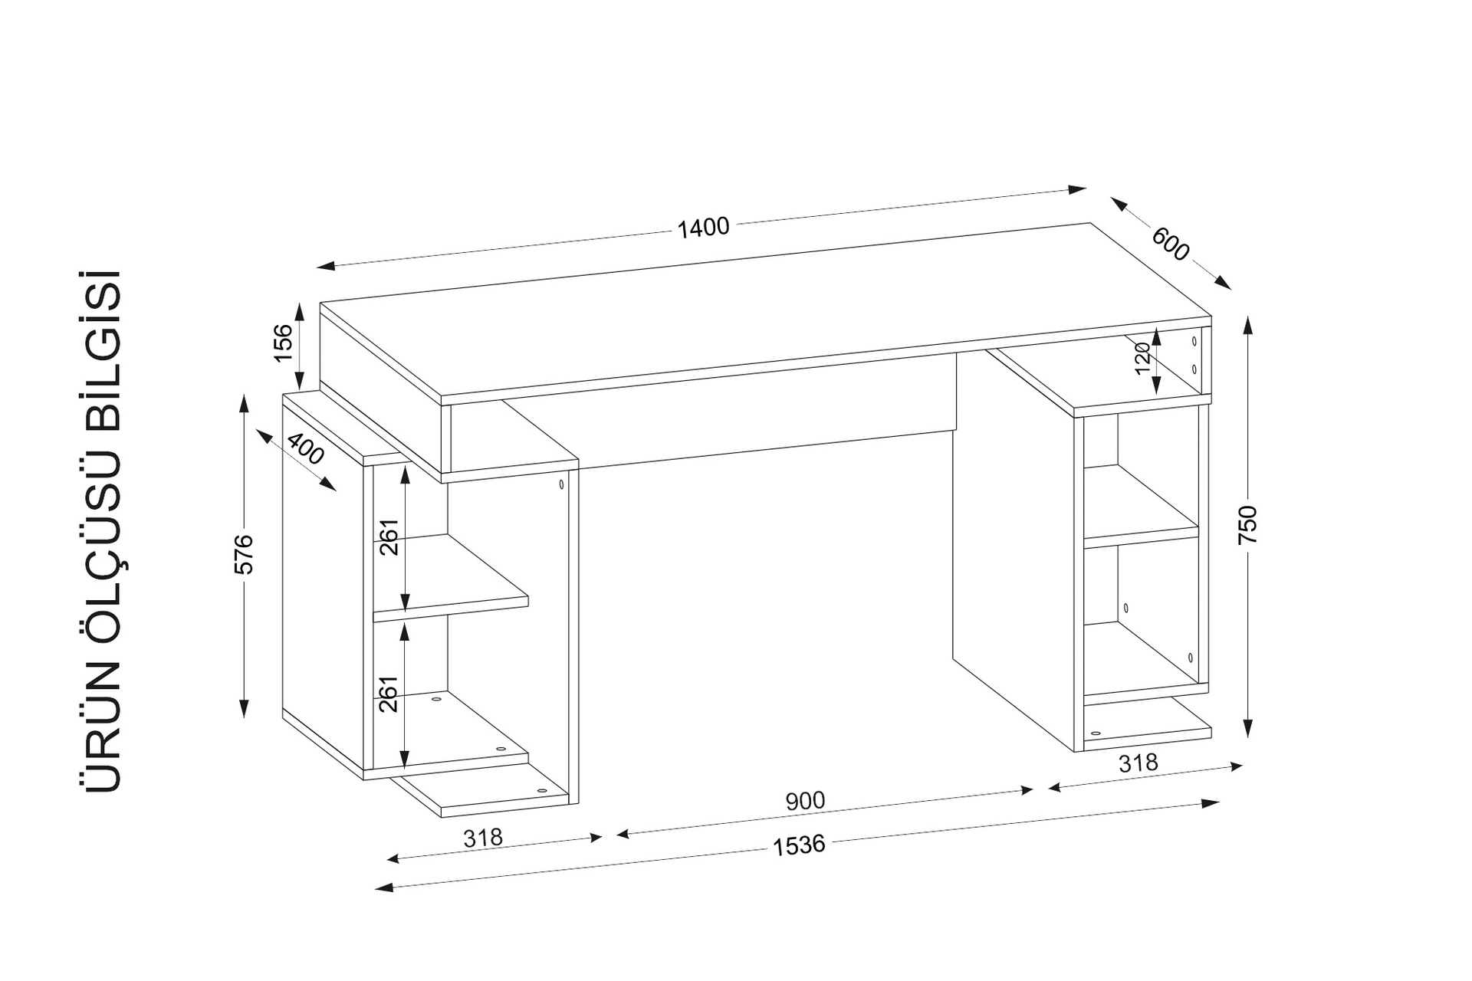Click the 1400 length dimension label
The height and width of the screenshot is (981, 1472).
click(703, 228)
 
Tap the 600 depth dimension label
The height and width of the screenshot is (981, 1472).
click(1170, 244)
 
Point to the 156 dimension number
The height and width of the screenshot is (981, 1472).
click(283, 343)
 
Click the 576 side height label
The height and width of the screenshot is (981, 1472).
click(243, 553)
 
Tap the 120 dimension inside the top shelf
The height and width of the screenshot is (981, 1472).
click(1142, 359)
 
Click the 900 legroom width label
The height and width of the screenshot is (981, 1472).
click(805, 801)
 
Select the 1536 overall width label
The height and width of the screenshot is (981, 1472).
click(799, 845)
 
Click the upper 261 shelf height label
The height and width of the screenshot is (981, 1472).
click(389, 537)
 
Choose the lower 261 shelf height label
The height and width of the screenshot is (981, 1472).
click(389, 694)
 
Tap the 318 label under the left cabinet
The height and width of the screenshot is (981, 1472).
click(483, 838)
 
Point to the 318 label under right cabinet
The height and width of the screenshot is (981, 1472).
click(1138, 763)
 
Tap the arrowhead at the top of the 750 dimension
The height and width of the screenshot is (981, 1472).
click(1247, 325)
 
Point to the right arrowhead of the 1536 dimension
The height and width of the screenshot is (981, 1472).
click(1211, 803)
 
